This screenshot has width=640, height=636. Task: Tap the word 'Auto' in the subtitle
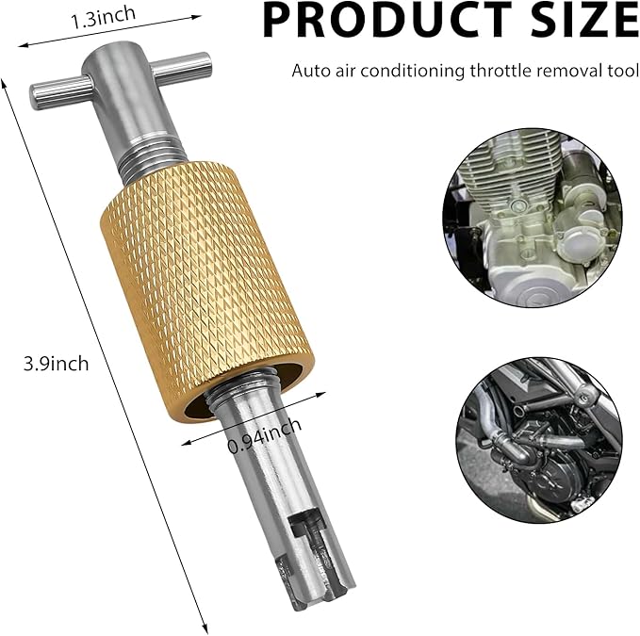tap(308, 71)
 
